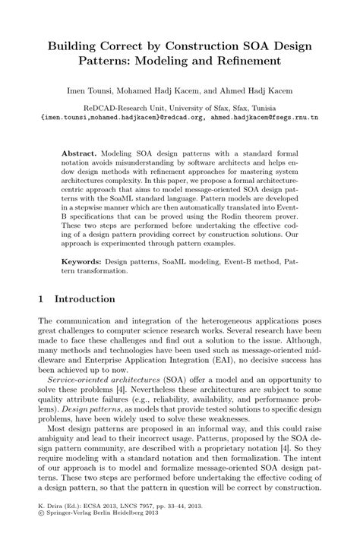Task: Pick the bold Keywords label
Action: click(x=82, y=260)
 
